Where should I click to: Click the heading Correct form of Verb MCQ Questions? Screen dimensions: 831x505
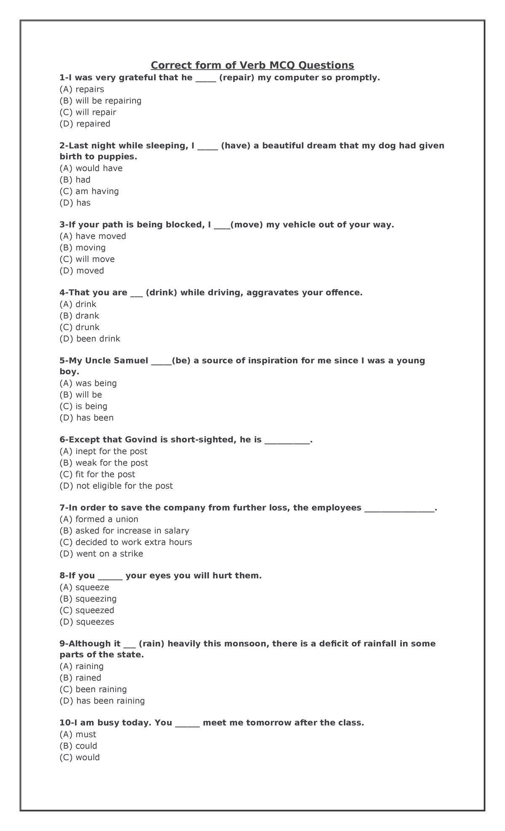coord(252,65)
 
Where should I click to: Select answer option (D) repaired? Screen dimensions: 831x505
coord(85,124)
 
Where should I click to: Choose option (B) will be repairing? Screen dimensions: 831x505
coord(101,101)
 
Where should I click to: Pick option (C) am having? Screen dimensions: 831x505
coord(89,191)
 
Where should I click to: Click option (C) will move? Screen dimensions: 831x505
coord(87,259)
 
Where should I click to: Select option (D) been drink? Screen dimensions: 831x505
coord(90,339)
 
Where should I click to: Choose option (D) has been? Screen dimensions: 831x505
coord(87,418)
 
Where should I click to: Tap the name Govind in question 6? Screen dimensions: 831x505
coord(141,439)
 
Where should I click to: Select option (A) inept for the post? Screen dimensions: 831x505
coord(104,451)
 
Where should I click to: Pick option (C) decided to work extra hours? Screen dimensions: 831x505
coord(126,542)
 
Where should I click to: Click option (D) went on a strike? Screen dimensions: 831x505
coord(101,553)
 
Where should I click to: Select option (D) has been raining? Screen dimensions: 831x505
coord(102,701)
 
